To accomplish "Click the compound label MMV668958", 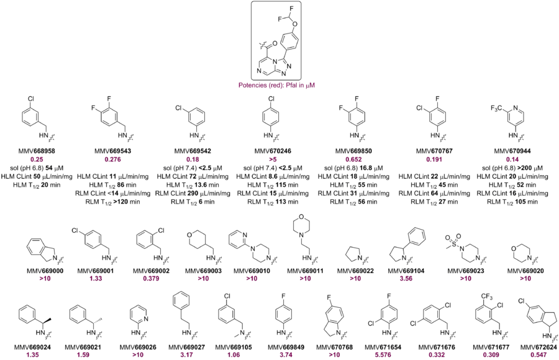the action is coord(37,151).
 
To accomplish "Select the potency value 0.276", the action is coord(112,160).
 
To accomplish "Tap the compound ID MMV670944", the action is coord(512,151).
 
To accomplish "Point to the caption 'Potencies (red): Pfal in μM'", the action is coord(276,85).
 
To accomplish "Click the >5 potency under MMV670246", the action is coord(273,160).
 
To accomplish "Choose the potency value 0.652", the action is coord(353,160).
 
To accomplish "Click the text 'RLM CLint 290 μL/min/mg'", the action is coord(193,193).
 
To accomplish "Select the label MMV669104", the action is coord(406,271).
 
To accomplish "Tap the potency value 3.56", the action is coord(406,278).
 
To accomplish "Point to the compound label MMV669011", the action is coord(306,271).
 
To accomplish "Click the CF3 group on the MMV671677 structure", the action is coord(486,296).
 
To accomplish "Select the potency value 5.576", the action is coord(383,354).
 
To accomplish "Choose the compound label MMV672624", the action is coord(539,347).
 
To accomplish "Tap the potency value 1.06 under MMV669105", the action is coord(234,354).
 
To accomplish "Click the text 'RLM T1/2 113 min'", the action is coord(273,202).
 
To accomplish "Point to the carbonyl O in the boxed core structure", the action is coord(275,43).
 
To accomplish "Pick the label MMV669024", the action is coord(32,347).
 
